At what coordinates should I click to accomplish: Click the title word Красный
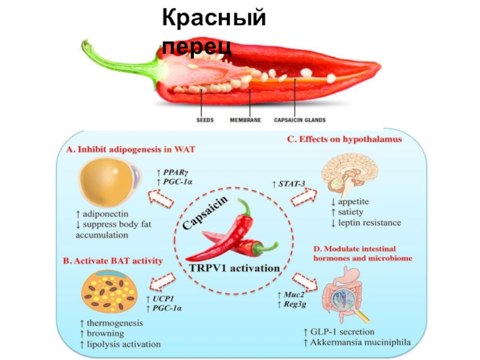click(x=214, y=19)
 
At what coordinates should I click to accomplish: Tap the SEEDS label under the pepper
click(x=205, y=120)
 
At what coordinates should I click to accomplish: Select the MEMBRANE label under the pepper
click(x=245, y=120)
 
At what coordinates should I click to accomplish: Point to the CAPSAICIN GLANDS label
click(x=300, y=120)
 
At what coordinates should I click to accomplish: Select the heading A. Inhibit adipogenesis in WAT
click(x=133, y=148)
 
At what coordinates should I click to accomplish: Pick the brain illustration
click(x=346, y=173)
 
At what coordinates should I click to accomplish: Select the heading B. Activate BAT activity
click(x=113, y=260)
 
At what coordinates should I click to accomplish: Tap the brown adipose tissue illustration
click(x=109, y=291)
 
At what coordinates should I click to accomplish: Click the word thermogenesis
click(x=113, y=323)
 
